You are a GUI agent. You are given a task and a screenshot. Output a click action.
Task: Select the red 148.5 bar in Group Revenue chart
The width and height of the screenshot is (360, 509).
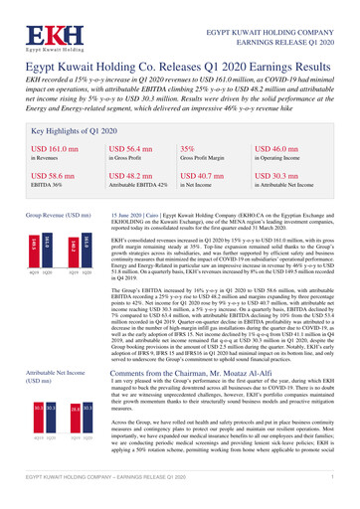coord(33,250)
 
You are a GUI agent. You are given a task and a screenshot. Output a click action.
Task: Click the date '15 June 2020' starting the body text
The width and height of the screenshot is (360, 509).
coord(126,214)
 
